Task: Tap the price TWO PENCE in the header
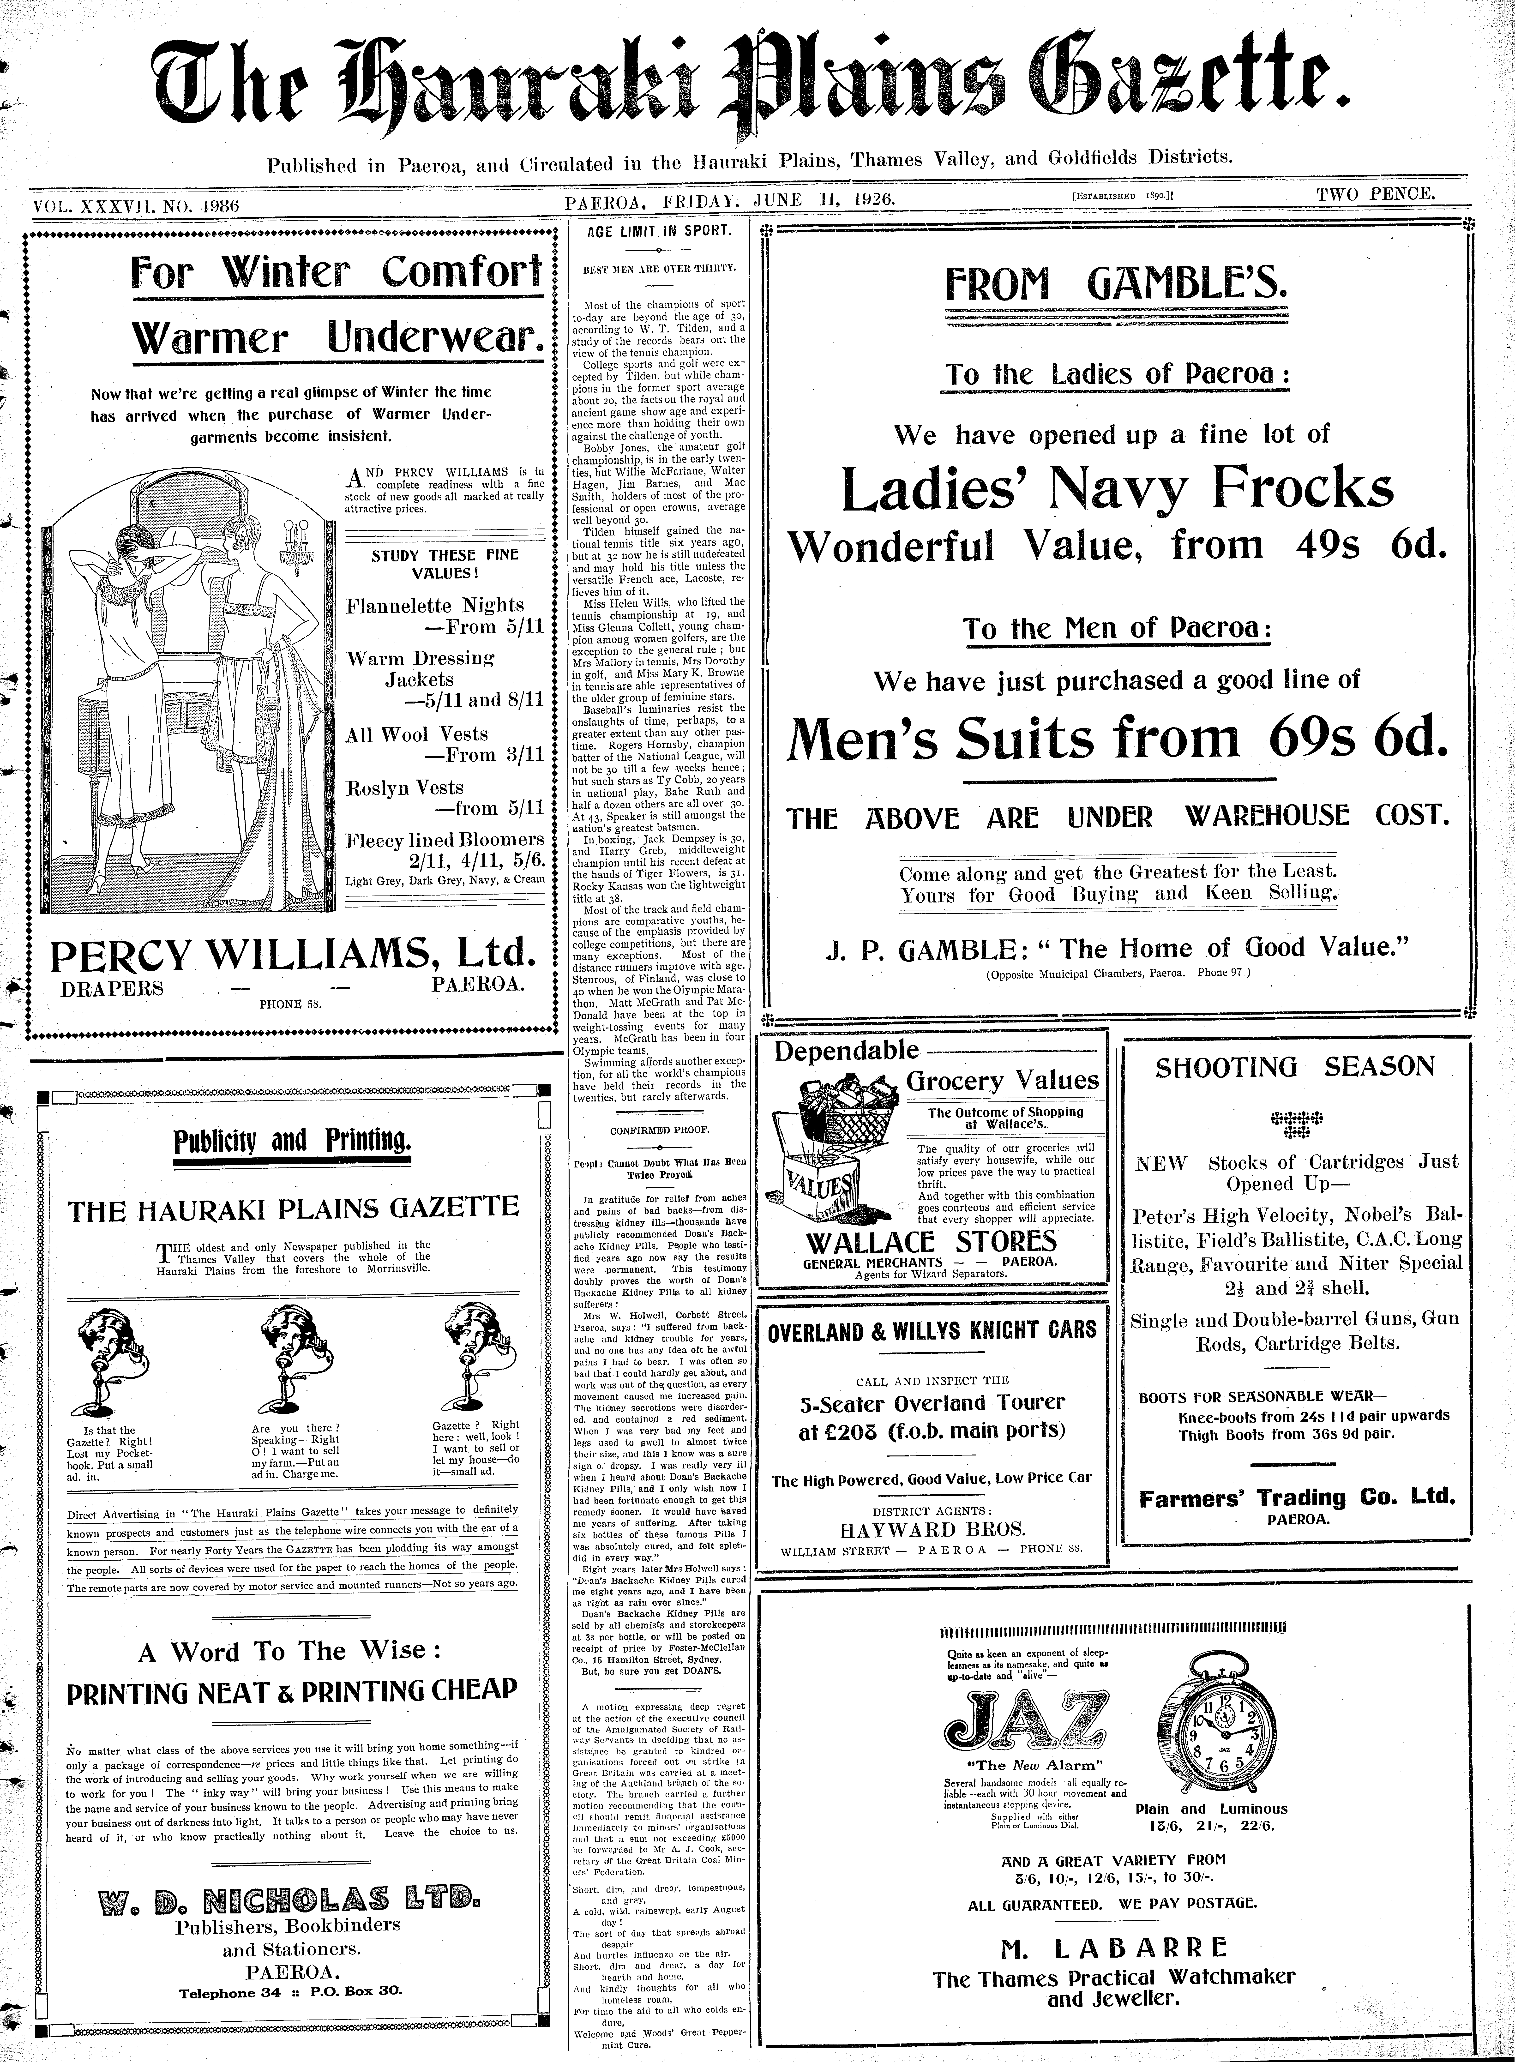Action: [x=1376, y=193]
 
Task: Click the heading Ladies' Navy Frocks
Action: [x=1117, y=490]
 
